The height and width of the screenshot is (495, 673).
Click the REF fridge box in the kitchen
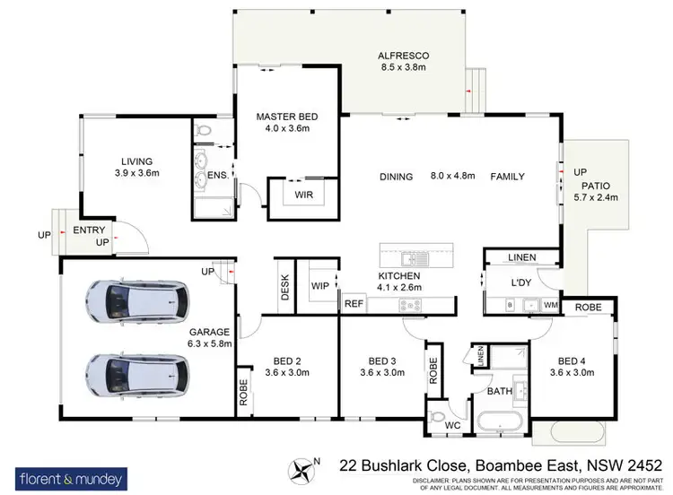pos(354,304)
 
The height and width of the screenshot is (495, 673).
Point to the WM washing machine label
pos(550,305)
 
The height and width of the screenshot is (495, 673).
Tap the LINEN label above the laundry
pos(521,258)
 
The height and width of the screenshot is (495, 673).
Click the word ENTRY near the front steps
pos(89,230)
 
